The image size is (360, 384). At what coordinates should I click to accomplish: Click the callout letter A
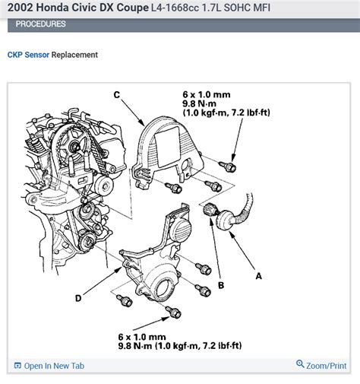click(x=260, y=276)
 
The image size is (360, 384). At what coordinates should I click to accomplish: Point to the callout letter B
click(x=221, y=285)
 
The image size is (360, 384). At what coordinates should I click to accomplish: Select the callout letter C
click(x=116, y=94)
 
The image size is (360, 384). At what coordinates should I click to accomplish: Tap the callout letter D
click(x=77, y=298)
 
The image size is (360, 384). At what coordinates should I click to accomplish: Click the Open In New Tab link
click(x=53, y=366)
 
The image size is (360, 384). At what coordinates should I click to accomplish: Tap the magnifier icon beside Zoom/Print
click(x=301, y=365)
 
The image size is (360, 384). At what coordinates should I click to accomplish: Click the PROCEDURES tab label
click(x=40, y=24)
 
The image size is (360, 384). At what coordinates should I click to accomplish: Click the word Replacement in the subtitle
click(x=74, y=55)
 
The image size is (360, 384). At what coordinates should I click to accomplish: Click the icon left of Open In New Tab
click(x=18, y=366)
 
